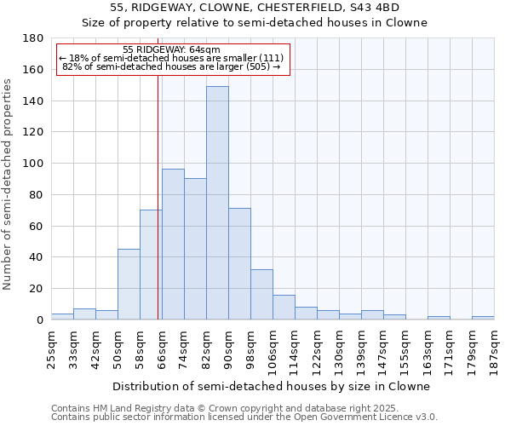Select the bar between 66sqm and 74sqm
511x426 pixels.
pos(173,244)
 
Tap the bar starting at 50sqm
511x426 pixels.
pos(129,284)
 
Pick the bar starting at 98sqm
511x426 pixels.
pos(261,294)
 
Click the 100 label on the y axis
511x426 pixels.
pos(33,164)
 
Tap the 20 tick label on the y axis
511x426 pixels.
pos(37,289)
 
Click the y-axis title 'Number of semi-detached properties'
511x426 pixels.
pos(9,184)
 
